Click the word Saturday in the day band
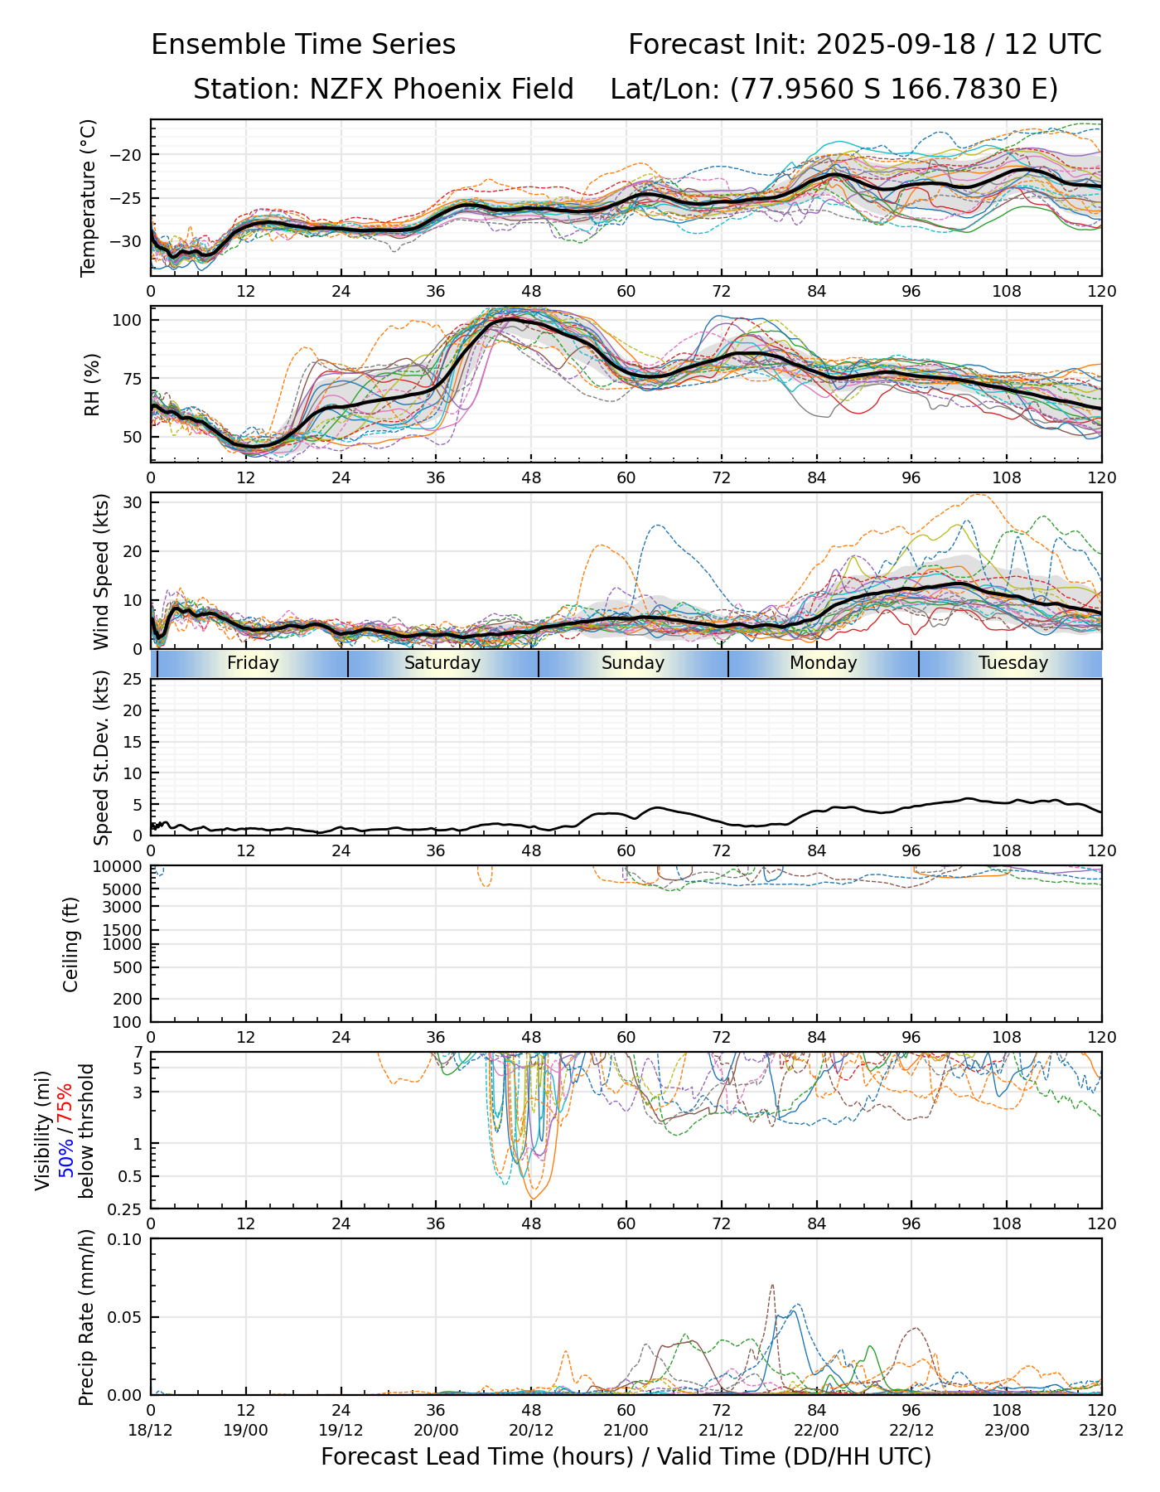click(442, 663)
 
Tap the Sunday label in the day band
click(633, 663)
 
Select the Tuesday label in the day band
click(1013, 663)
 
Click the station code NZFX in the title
click(347, 90)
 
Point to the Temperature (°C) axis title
click(89, 197)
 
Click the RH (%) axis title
click(92, 384)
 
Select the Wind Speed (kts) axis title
click(102, 571)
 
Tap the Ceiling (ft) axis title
click(72, 943)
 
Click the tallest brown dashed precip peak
click(772, 1286)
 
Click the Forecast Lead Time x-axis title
click(626, 1456)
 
